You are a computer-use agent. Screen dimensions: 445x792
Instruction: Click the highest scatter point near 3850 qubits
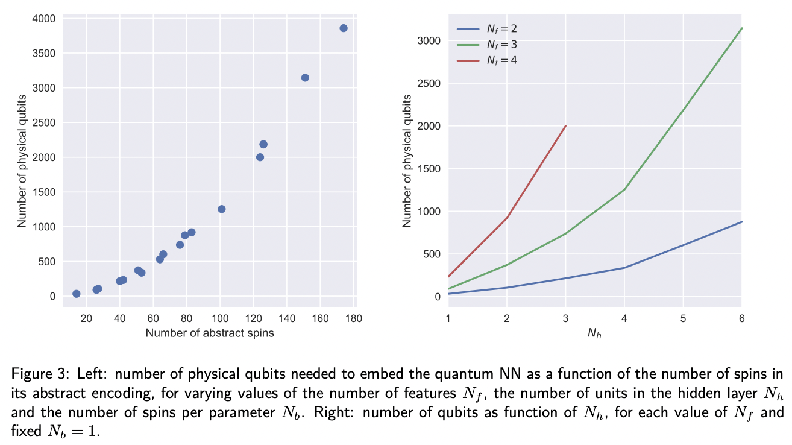click(344, 28)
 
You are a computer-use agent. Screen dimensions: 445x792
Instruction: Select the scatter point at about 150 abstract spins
click(305, 78)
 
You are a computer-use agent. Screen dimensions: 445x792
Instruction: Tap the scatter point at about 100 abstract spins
click(221, 209)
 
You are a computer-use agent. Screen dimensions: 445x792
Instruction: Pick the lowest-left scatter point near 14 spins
click(77, 294)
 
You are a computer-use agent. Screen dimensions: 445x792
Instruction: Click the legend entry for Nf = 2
click(486, 28)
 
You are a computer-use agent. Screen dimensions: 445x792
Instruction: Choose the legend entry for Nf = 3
click(486, 44)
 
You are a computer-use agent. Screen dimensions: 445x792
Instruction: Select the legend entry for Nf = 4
click(486, 60)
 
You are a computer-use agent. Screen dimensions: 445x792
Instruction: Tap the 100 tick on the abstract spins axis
click(220, 319)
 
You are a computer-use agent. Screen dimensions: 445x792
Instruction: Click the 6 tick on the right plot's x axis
click(741, 318)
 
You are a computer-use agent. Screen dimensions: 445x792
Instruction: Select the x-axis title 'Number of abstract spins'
click(210, 333)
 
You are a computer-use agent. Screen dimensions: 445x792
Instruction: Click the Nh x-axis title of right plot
click(595, 333)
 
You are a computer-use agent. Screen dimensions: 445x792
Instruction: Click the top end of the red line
click(565, 126)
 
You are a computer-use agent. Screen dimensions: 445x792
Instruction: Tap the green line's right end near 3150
click(741, 28)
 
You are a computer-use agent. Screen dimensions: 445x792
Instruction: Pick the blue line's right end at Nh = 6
click(741, 222)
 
